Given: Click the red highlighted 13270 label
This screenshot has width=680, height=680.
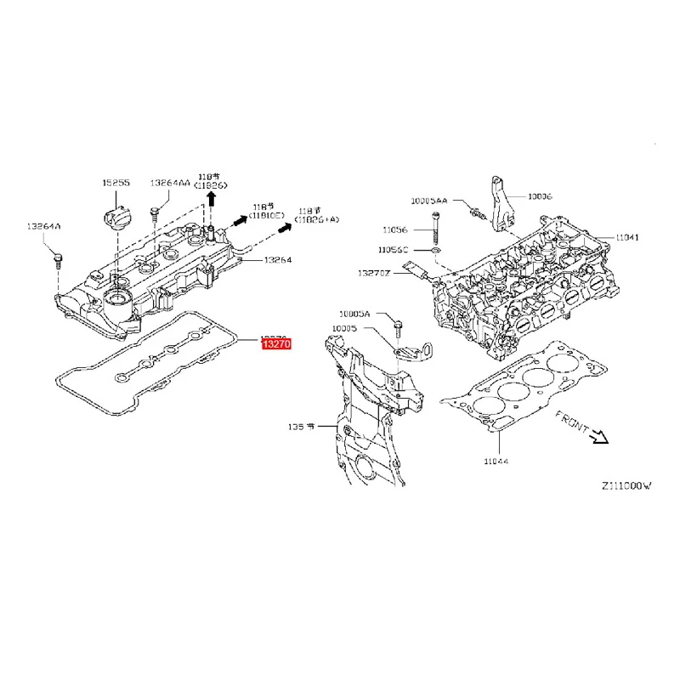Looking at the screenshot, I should coord(276,344).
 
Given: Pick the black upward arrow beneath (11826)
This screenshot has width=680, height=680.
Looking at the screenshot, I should coord(212,200).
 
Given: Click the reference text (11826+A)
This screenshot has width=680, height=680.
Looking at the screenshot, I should coord(318,220).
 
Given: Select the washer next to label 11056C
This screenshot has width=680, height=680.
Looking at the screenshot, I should coord(435,251).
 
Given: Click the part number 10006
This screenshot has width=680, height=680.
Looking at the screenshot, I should coord(539,195).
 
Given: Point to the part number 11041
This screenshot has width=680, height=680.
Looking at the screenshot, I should coord(627,237).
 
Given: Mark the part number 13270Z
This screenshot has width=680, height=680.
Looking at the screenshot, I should coord(373,273).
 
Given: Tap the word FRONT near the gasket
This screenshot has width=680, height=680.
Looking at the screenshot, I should coord(573,422).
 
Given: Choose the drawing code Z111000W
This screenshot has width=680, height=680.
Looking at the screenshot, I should coord(626,486).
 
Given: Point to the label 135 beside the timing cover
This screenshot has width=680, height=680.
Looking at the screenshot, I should coord(298,427).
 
